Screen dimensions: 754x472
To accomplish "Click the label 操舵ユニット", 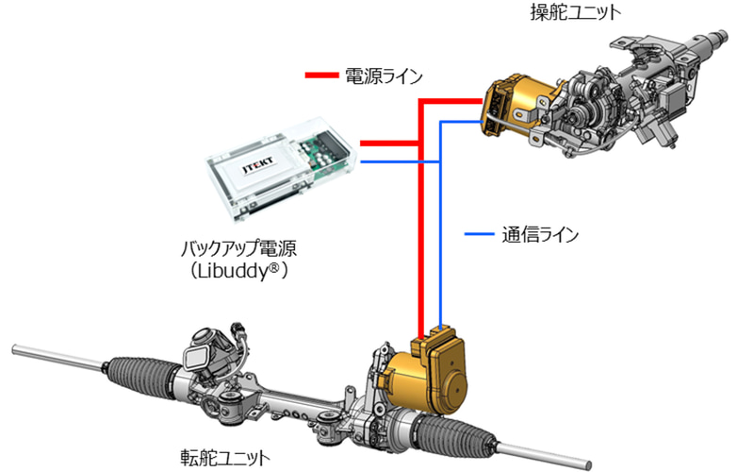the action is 576,12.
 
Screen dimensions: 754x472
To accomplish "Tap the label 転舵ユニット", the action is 225,457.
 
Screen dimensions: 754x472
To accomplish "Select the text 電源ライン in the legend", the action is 384,76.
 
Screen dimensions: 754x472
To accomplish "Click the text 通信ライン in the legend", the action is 540,234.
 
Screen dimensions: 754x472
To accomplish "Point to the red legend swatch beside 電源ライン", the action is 321,76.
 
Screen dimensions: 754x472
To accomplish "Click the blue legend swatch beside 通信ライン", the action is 479,234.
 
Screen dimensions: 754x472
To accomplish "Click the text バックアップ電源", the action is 238,248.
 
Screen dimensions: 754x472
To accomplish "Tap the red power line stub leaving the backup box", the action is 388,143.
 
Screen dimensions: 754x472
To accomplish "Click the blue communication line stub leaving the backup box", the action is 399,161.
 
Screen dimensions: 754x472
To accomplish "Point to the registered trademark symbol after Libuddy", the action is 273,266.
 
